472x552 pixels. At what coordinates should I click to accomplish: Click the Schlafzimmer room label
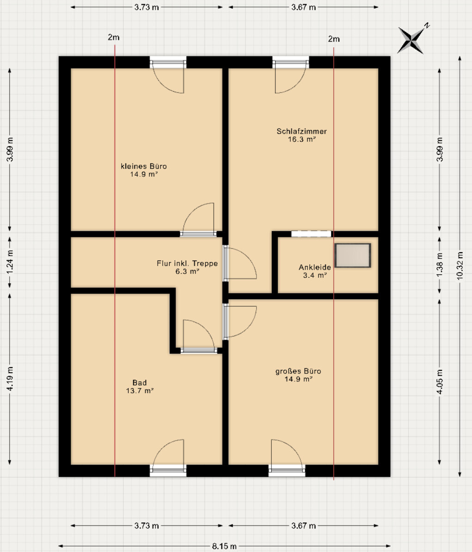click(x=301, y=131)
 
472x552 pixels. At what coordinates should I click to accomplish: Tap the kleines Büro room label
click(x=143, y=166)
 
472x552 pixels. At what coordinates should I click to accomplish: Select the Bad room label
click(x=140, y=383)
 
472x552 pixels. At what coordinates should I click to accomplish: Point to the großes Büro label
click(x=298, y=372)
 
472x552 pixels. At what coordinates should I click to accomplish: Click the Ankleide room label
click(x=315, y=267)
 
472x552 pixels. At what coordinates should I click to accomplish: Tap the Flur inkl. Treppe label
click(x=187, y=263)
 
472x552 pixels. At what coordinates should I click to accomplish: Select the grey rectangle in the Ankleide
click(x=352, y=255)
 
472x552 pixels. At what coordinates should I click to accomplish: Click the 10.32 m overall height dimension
click(x=460, y=266)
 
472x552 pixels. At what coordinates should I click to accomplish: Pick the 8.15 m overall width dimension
click(x=224, y=546)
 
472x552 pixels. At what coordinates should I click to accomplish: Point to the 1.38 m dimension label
click(x=440, y=265)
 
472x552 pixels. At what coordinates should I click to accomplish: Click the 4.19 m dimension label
click(x=10, y=378)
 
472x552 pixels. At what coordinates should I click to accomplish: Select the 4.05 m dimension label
click(x=440, y=382)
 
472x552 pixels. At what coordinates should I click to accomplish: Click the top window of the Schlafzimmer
click(x=290, y=62)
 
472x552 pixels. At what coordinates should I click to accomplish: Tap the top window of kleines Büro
click(x=168, y=62)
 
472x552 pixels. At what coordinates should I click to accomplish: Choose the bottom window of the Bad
click(x=168, y=470)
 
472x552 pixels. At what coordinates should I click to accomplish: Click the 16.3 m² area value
click(x=301, y=139)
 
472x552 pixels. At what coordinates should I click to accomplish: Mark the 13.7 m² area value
click(x=140, y=391)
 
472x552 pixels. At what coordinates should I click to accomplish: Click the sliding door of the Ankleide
click(x=311, y=234)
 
